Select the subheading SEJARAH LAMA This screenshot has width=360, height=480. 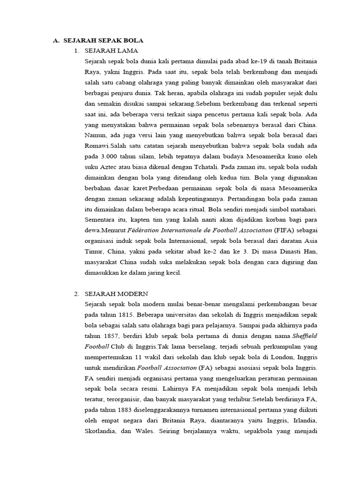click(x=111, y=51)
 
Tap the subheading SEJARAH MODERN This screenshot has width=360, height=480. click(x=116, y=294)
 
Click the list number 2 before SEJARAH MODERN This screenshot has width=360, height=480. click(x=76, y=294)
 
